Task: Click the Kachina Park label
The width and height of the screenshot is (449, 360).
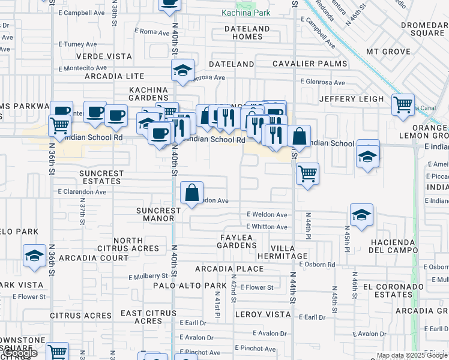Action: [x=246, y=12]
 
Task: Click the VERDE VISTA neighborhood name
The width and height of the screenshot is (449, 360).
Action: [x=104, y=56]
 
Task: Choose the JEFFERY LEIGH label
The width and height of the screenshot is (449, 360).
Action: [x=351, y=98]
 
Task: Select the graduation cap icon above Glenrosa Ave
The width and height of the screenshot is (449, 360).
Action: [x=182, y=70]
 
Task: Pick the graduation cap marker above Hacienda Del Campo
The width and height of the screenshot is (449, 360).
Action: [x=361, y=215]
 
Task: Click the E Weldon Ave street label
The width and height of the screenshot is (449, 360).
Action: [x=267, y=214]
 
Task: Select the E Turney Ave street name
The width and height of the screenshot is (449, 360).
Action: [x=77, y=44]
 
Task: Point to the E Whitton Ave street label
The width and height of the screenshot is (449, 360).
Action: [x=267, y=227]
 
